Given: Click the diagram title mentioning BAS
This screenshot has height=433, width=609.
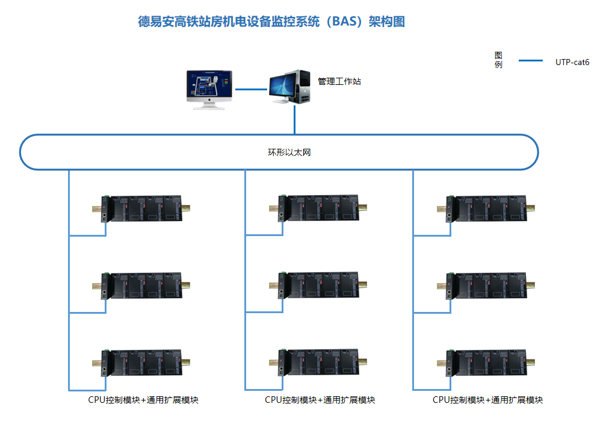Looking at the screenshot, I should pos(271,22).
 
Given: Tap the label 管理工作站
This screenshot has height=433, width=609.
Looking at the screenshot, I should pos(339,81).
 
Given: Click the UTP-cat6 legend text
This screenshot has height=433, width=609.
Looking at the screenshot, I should pos(572,61).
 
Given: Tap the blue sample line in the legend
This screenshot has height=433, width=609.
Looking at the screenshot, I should pos(530,61).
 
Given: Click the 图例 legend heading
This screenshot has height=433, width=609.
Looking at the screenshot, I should pos(498,60).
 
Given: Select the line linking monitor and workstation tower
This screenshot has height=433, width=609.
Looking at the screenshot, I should pos(250,89).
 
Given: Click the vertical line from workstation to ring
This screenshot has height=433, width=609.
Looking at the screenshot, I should pos(294,119).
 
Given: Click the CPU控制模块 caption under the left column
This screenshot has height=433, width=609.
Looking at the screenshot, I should pos(143,400).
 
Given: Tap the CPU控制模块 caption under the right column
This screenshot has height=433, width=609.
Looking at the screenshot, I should pos(487,400).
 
